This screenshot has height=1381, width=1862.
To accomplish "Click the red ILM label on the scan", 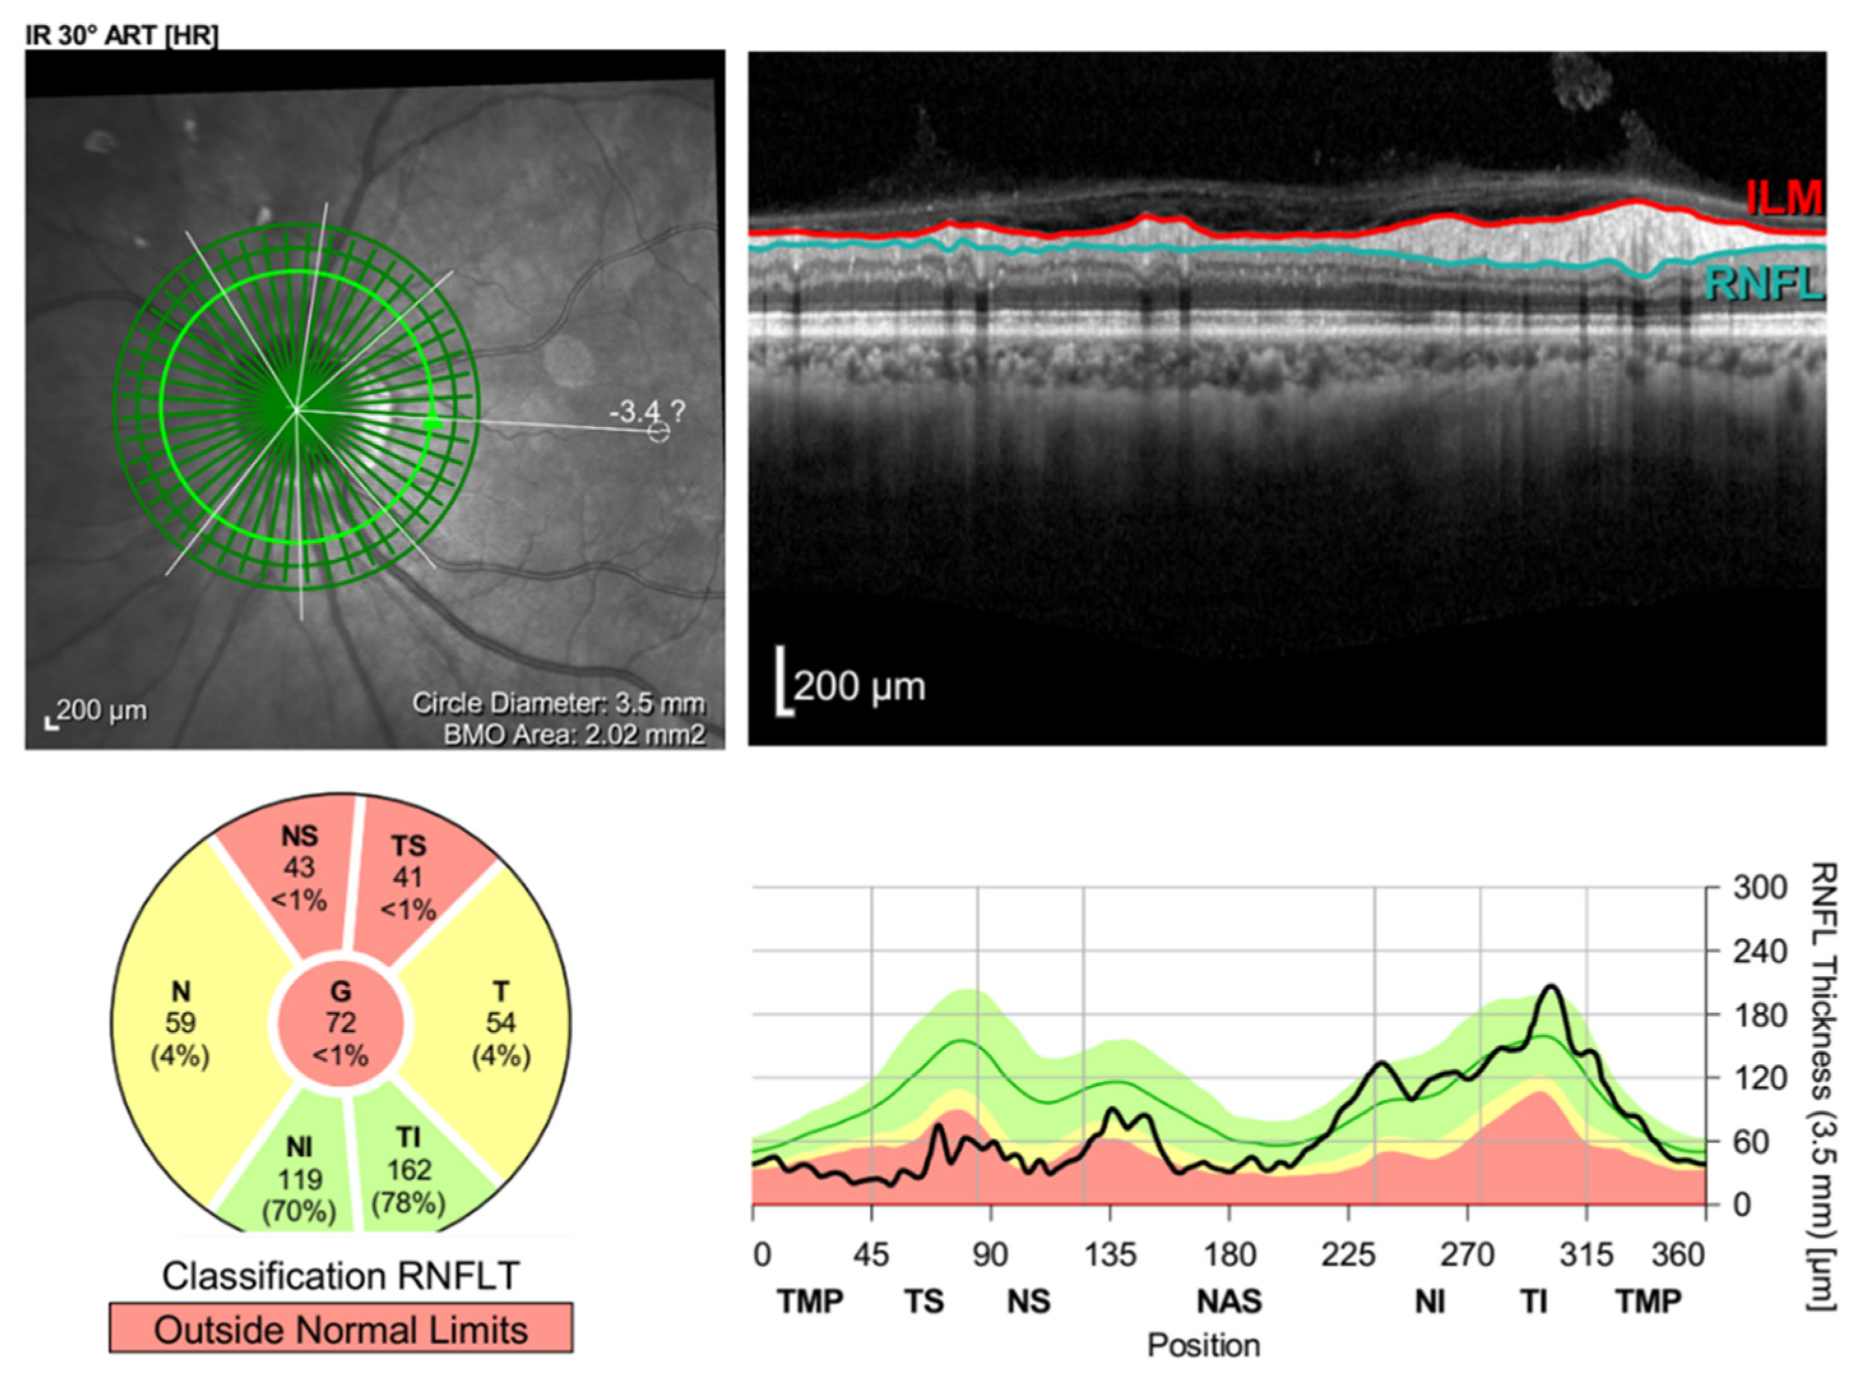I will point(1784,199).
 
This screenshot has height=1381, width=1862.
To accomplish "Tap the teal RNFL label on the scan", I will point(1762,284).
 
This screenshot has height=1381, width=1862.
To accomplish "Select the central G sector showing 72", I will point(340,1023).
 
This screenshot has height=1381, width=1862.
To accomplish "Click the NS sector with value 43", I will point(298,868).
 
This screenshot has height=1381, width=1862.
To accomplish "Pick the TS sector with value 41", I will point(408,878).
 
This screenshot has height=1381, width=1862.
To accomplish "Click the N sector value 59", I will point(180,1023).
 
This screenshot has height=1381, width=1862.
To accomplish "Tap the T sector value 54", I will point(500,1023).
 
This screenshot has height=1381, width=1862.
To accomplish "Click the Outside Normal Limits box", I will point(340,1329).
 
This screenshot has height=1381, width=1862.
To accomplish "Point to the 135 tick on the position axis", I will point(1110,1255).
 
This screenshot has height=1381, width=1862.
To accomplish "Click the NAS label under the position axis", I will point(1230,1301).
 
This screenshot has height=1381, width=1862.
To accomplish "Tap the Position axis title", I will point(1204,1346).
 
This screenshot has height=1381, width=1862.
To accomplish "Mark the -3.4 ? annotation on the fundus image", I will point(646,411).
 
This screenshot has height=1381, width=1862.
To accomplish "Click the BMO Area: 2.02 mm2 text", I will point(574,734).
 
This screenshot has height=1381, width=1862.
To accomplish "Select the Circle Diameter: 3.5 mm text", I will point(558,703).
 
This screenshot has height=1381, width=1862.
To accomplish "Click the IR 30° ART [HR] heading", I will point(122,37).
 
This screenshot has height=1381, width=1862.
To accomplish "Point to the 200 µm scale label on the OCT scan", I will point(859,687).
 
